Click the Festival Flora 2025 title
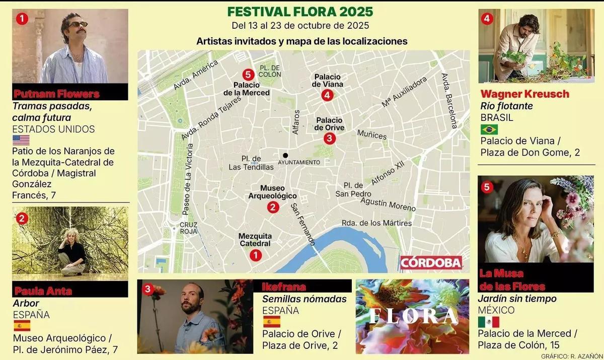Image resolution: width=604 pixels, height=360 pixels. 300,11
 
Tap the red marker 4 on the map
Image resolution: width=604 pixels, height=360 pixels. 327,95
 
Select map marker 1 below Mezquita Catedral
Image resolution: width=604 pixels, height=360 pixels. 256,255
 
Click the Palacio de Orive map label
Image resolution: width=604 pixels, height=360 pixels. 330,124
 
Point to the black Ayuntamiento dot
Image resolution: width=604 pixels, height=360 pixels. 285,155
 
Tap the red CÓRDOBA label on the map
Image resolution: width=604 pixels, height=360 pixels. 431,262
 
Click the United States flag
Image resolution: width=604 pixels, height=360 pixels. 21,140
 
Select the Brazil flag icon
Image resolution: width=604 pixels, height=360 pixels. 489,129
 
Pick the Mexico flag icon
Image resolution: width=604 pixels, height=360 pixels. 488,322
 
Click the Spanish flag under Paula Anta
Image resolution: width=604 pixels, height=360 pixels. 21,326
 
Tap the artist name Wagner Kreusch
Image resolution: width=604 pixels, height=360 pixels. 524,94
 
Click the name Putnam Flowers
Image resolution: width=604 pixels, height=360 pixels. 56,94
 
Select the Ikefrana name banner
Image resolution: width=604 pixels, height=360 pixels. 284,287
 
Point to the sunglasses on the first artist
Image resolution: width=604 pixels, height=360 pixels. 77,24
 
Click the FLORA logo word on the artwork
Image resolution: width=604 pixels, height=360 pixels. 412,316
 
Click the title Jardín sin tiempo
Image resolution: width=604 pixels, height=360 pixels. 517,299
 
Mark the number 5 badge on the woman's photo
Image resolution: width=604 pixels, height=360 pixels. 486,187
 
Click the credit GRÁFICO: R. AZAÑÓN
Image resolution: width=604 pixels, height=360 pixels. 571,356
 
